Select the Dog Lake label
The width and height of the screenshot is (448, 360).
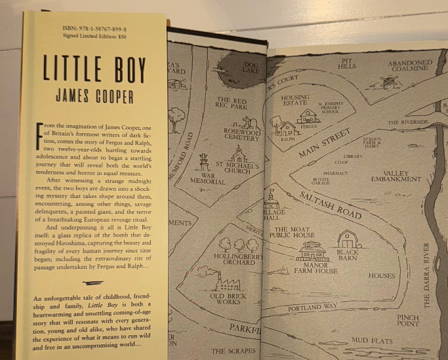(x=252, y=67)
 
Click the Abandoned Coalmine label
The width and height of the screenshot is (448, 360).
(x=411, y=67)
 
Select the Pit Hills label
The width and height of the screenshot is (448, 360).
(x=347, y=63)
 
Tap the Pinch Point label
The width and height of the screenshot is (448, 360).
(x=407, y=321)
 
